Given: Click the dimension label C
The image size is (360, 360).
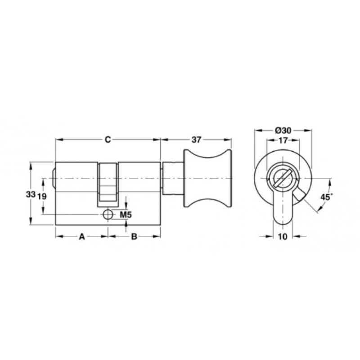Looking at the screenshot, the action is (108, 139).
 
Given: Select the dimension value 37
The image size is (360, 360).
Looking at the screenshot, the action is (196, 139).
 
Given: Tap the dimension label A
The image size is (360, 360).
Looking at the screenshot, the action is (82, 237).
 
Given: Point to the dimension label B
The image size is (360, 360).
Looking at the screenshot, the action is (134, 237).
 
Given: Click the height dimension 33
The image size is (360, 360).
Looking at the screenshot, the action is (31, 194).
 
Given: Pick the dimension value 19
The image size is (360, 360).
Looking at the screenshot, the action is (42, 197).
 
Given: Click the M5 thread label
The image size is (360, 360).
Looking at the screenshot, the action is (126, 215).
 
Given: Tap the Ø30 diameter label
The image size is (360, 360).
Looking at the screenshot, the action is (283, 130).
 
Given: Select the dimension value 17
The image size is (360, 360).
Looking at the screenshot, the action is (283, 140).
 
